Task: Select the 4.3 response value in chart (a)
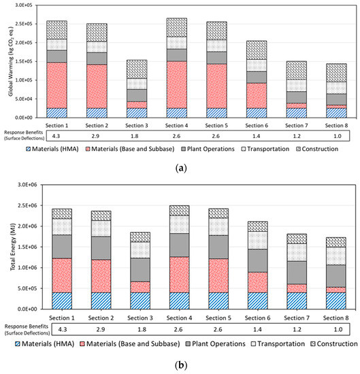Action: [57, 137]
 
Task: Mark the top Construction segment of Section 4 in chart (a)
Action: [176, 27]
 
